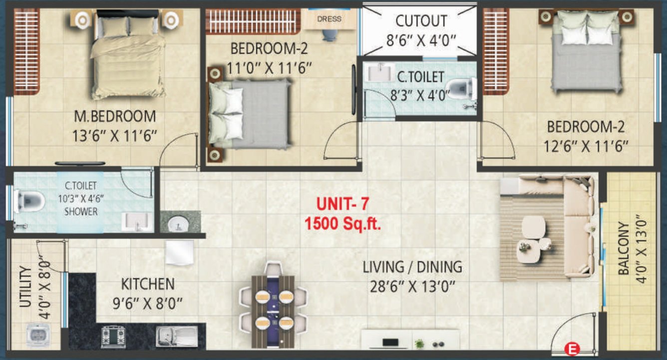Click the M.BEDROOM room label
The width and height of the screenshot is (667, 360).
[115, 116]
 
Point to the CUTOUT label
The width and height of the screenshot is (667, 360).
[421, 21]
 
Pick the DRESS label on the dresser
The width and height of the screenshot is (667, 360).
[330, 19]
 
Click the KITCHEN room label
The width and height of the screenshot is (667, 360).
[148, 285]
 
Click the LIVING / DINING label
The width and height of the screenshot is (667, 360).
[412, 267]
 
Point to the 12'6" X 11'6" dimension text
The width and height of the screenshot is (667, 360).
[585, 146]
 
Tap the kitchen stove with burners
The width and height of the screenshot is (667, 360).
[113, 336]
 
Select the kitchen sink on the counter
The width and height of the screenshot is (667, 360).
[176, 336]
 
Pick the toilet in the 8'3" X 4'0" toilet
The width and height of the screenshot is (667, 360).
[460, 90]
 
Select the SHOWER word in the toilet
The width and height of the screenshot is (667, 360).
[81, 212]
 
